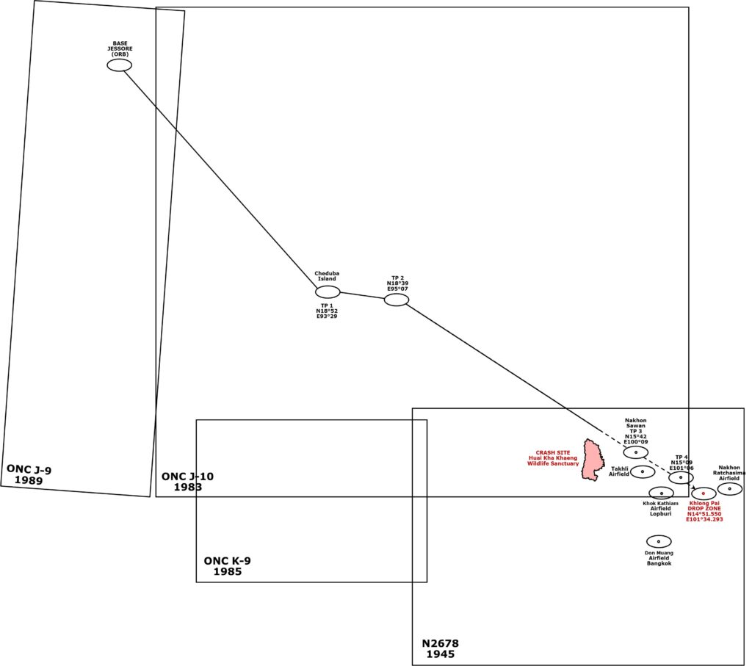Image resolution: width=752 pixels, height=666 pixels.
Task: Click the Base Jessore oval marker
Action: [x=120, y=65]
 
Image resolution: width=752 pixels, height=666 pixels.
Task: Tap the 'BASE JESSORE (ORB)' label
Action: [x=120, y=49]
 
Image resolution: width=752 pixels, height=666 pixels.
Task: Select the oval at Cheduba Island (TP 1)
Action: [x=328, y=292]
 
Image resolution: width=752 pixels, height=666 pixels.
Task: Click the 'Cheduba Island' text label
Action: [x=327, y=276]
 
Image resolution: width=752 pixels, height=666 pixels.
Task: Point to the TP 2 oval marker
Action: [x=397, y=300]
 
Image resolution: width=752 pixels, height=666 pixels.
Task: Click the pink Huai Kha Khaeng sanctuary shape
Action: [x=591, y=460]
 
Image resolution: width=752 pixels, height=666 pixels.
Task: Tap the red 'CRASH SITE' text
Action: [x=553, y=452]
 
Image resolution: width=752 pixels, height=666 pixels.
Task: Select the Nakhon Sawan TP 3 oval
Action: [x=636, y=452]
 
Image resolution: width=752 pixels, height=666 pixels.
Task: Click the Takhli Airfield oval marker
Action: [x=643, y=472]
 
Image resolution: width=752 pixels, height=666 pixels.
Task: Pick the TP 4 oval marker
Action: [x=681, y=478]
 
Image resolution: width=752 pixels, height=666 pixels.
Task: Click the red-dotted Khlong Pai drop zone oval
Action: [x=704, y=493]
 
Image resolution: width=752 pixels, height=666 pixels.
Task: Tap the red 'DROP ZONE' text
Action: [x=704, y=508]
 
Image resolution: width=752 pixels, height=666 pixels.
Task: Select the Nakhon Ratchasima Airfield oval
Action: [x=729, y=489]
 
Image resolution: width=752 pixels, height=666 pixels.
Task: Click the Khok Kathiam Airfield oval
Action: [x=661, y=493]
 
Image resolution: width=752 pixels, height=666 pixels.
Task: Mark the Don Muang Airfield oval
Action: [x=659, y=541]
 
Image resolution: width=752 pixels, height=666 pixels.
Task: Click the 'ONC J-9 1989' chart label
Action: [x=29, y=474]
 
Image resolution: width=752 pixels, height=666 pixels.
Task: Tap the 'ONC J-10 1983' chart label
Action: [x=187, y=481]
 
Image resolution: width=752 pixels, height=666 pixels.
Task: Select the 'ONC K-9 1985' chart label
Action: [x=227, y=565]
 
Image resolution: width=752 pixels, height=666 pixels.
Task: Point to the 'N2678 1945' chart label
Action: [x=440, y=648]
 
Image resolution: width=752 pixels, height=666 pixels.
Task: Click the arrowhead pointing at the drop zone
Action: [x=693, y=487]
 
